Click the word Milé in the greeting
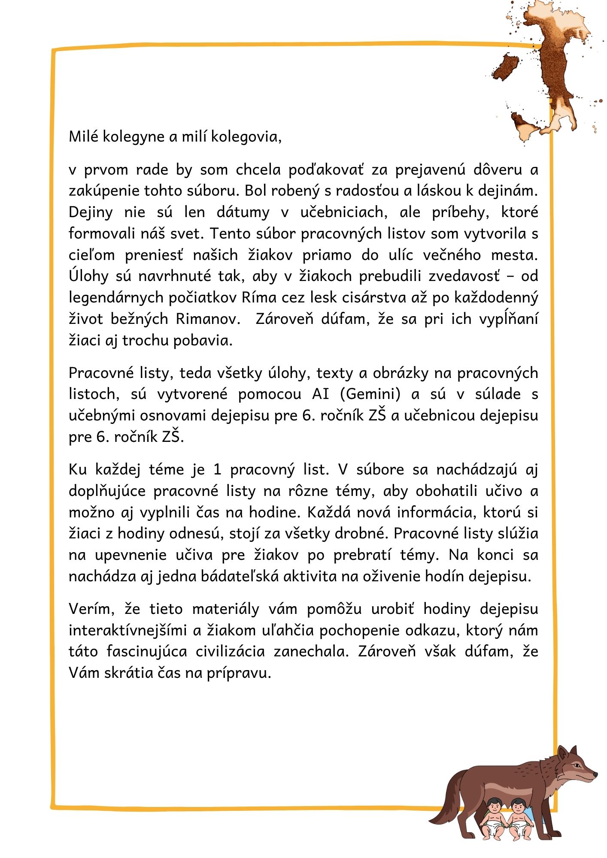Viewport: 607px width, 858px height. tap(84, 136)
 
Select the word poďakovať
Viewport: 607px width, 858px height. tap(326, 170)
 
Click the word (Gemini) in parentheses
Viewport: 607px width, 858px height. tap(373, 394)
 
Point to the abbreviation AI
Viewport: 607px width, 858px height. tap(320, 394)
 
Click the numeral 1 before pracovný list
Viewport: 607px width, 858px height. tap(217, 470)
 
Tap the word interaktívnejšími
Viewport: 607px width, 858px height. tap(128, 630)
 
